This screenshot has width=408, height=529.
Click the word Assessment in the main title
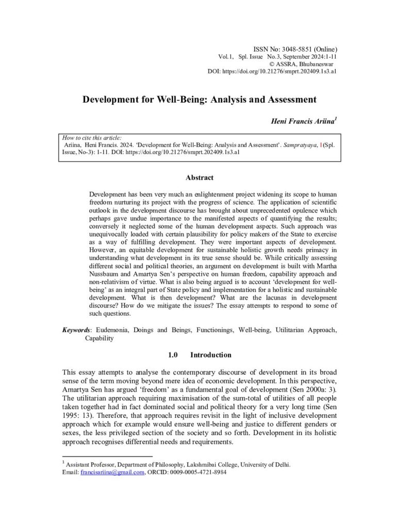tap(284, 99)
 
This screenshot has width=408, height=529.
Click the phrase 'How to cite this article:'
tap(92, 138)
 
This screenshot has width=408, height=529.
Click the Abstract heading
tap(199, 178)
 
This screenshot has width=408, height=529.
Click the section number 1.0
tap(173, 355)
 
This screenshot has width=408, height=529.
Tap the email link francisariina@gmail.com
tap(112, 472)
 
